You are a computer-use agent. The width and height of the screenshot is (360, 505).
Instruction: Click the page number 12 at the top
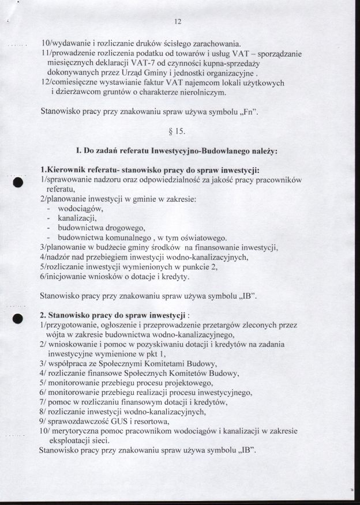click(x=178, y=22)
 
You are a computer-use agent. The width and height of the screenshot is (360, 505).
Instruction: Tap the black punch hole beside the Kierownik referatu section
click(x=18, y=182)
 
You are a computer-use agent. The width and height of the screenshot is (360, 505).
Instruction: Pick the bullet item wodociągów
click(x=80, y=209)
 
